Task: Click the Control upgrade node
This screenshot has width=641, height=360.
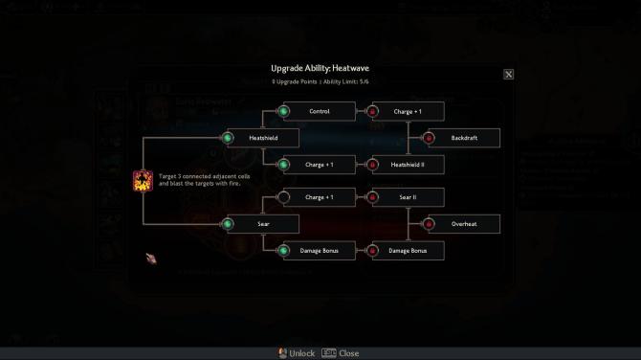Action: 320,111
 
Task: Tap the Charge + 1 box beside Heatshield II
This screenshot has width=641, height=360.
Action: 320,165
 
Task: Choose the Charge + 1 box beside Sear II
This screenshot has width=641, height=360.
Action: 320,197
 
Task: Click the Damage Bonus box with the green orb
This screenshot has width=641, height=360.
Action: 320,251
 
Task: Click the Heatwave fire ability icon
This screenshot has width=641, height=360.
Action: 142,180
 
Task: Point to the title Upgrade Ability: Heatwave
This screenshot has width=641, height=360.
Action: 320,69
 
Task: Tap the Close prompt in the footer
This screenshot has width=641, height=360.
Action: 342,352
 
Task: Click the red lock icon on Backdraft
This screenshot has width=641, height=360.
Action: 430,138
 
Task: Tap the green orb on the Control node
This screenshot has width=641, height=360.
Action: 283,111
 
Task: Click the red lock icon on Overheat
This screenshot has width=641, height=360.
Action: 430,224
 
